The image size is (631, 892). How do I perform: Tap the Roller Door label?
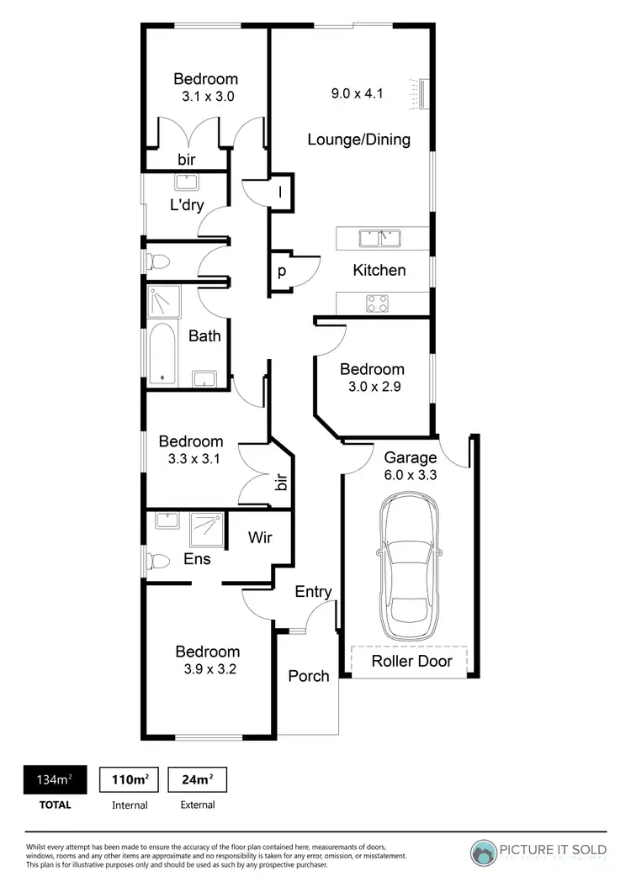coord(411,661)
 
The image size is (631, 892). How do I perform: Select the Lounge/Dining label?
coord(358,140)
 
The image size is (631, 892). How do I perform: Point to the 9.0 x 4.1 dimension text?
coord(357,93)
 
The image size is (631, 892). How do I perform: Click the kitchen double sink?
coord(379,240)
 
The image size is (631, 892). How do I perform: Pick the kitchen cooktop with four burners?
coord(376,303)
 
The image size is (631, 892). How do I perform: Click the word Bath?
coord(204,335)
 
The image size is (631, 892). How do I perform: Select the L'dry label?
coord(186,204)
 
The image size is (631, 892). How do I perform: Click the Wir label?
coord(258,537)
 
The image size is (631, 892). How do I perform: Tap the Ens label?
coord(197,558)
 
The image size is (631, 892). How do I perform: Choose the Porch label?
coord(309,675)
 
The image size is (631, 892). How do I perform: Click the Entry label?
coord(313,592)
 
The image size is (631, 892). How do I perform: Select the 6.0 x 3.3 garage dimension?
coord(411,475)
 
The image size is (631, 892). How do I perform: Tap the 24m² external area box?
coord(197,780)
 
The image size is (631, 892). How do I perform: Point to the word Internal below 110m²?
coord(130,805)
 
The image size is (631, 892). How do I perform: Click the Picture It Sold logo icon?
coord(484,853)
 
